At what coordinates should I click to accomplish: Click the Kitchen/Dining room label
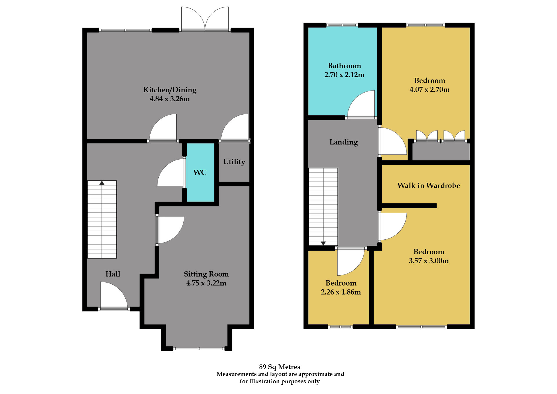pyautogui.click(x=170, y=90)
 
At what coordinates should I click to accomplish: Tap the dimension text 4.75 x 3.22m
pyautogui.click(x=206, y=283)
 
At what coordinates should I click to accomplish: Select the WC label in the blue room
pyautogui.click(x=200, y=173)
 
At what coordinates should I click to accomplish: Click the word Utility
pyautogui.click(x=234, y=162)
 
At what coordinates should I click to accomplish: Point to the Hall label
pyautogui.click(x=113, y=274)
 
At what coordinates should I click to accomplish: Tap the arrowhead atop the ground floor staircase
pyautogui.click(x=102, y=183)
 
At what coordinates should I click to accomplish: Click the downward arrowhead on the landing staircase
pyautogui.click(x=323, y=243)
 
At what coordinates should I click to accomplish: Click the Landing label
pyautogui.click(x=343, y=142)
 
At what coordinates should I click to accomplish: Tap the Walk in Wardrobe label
pyautogui.click(x=428, y=186)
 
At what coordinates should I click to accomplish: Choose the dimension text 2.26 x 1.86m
pyautogui.click(x=341, y=292)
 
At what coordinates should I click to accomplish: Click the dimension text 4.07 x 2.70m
pyautogui.click(x=429, y=90)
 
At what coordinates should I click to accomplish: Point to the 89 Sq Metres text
pyautogui.click(x=279, y=367)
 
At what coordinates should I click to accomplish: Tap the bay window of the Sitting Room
pyautogui.click(x=199, y=348)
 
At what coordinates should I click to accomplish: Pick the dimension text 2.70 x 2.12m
pyautogui.click(x=344, y=75)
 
